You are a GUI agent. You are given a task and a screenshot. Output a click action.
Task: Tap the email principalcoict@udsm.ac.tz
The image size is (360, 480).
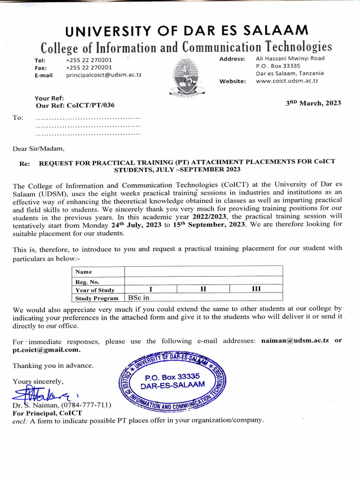coord(104,75)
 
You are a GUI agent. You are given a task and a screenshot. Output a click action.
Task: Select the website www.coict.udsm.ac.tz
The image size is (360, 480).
coord(287,81)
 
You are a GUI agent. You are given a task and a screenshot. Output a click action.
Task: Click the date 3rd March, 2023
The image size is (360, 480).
coord(314,103)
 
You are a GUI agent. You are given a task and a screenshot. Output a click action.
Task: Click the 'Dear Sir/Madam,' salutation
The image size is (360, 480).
coord(38,149)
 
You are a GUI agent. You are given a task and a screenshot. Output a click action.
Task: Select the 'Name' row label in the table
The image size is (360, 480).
coord(84,272)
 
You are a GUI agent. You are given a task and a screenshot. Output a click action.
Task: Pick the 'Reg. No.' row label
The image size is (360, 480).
coord(88,282)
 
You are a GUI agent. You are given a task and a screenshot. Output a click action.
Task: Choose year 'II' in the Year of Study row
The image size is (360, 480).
coord(203,289)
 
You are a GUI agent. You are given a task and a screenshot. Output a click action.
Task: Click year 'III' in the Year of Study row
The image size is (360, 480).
coord(256,289)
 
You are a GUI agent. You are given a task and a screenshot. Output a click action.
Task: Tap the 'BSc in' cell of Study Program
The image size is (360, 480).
coord(138,298)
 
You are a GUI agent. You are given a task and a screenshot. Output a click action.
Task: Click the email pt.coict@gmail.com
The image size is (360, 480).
coord(46,350)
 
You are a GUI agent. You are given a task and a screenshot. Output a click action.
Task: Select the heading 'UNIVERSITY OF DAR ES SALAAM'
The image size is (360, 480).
coord(187,31)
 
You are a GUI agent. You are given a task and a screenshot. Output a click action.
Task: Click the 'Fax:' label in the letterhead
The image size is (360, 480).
coord(41,67)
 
